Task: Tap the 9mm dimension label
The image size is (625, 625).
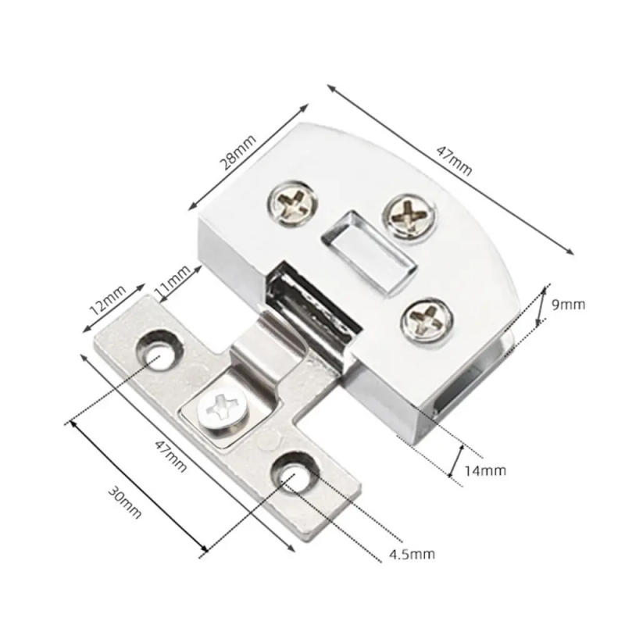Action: point(568,305)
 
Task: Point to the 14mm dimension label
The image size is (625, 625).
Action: point(484,470)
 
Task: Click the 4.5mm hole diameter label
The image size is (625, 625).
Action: point(411,555)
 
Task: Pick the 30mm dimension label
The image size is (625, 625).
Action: point(125,500)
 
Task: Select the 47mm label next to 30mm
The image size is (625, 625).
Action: point(170,457)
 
